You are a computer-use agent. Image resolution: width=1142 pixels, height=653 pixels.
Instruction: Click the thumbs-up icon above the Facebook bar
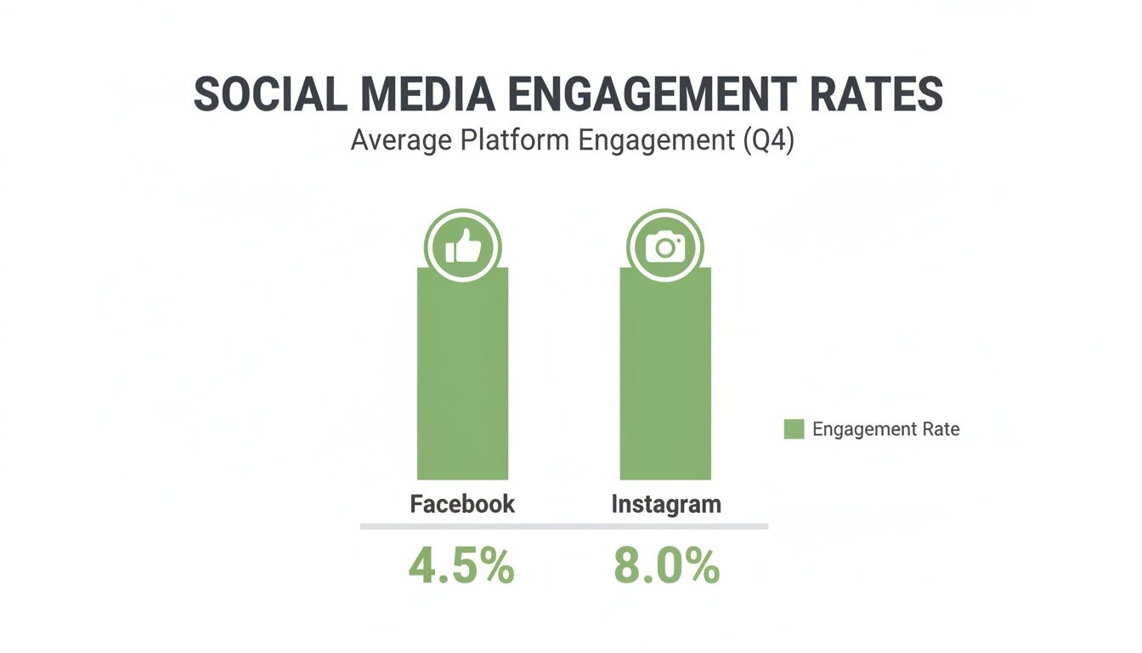[462, 248]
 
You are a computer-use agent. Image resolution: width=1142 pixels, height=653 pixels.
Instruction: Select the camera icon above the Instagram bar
[665, 248]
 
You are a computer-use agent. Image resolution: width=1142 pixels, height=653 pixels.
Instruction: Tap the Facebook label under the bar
[462, 503]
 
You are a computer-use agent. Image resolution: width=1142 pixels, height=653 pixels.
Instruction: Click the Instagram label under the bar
[666, 503]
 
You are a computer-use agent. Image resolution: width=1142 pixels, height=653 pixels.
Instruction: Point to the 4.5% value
[461, 567]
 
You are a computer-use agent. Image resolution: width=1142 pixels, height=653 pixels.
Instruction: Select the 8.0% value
[666, 567]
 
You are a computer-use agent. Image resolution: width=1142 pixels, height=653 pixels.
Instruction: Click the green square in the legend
[794, 429]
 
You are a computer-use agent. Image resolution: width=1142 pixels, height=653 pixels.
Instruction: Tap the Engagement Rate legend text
[885, 429]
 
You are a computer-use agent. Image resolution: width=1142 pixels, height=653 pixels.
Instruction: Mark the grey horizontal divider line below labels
[563, 526]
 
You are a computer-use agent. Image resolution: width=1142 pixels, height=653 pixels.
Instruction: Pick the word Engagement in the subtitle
[655, 140]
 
